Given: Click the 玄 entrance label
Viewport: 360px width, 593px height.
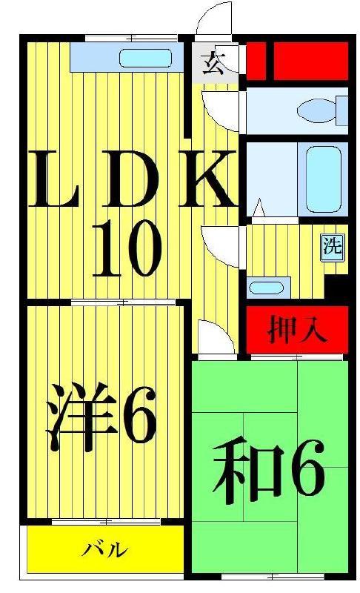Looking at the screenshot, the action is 214,63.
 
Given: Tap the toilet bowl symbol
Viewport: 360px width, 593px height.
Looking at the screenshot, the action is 316,110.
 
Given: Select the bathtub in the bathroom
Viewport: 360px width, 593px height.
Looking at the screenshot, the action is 324,179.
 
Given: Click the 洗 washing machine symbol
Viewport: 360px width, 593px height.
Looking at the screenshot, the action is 333,248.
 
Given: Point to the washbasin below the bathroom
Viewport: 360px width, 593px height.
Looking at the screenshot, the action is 266,288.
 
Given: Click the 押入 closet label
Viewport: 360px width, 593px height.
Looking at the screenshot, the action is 297,330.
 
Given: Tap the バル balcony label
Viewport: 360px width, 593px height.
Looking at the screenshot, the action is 105,549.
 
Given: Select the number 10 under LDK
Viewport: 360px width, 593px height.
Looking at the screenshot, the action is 127,249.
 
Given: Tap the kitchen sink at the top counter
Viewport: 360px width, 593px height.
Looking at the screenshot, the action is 145,59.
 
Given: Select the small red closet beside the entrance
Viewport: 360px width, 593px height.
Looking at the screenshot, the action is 256,61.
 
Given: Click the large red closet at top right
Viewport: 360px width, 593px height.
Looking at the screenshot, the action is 310,61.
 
